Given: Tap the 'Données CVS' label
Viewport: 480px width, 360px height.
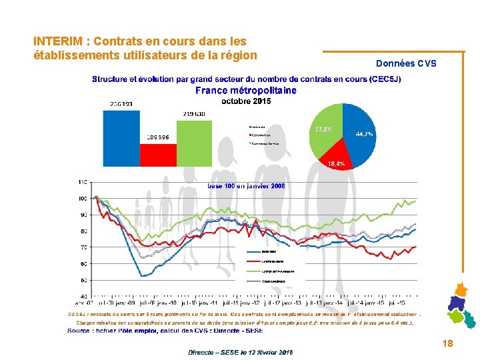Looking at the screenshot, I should (406, 64).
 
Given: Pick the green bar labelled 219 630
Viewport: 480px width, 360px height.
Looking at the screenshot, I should (195, 140).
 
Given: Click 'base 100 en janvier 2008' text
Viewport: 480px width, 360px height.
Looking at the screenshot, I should (246, 186).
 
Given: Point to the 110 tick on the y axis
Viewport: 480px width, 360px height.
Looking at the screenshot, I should (82, 182).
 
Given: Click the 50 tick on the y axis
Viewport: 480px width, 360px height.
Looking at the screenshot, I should (82, 280).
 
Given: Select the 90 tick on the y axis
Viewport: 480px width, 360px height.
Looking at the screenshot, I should (82, 215).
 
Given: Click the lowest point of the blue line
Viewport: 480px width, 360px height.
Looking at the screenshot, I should (142, 275).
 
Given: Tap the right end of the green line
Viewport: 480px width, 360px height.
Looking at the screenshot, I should (416, 201).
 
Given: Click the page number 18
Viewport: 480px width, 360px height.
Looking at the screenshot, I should (447, 343).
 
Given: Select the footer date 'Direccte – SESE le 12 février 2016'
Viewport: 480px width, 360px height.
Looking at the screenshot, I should (240, 351).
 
